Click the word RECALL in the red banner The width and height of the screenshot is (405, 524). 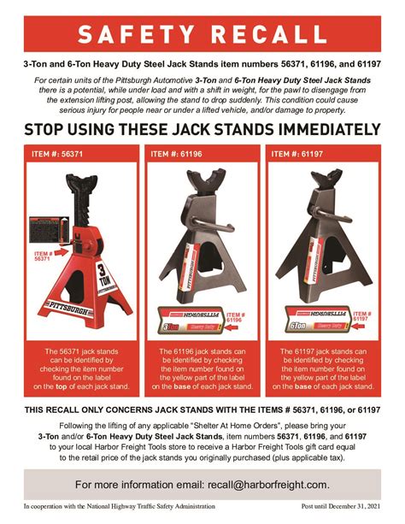tap(272, 35)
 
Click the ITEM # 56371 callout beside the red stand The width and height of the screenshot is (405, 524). tap(44, 257)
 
